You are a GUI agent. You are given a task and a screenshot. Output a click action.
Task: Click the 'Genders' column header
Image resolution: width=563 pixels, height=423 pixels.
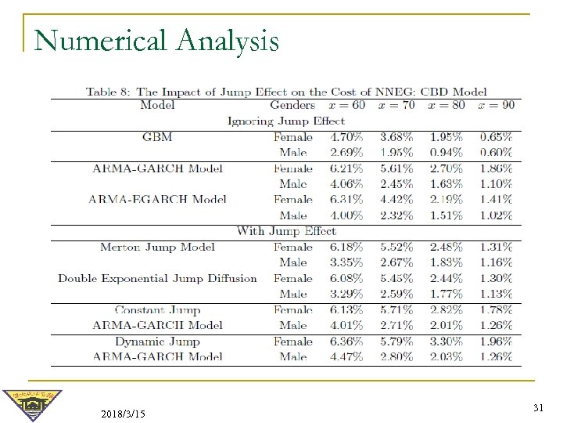click(292, 105)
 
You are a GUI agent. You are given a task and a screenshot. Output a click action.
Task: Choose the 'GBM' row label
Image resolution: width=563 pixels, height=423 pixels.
click(157, 137)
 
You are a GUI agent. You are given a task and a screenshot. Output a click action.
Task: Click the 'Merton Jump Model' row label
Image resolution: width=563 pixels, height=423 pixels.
click(157, 247)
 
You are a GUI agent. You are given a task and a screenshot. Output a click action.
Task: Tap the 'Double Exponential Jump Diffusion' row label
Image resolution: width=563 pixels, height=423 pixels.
click(157, 278)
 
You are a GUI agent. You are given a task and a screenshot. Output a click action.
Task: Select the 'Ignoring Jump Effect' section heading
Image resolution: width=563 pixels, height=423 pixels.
click(285, 121)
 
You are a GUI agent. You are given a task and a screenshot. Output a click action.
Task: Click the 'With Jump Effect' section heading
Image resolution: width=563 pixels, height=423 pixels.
click(285, 231)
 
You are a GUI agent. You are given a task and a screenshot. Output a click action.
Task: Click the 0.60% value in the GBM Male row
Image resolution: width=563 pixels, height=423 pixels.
click(496, 153)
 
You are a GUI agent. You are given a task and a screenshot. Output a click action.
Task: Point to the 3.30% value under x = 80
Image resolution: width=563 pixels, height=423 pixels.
click(446, 342)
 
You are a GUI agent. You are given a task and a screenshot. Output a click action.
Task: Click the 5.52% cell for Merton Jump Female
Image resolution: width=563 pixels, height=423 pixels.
click(396, 247)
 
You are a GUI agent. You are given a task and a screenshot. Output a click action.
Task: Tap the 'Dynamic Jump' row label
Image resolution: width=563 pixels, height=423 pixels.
click(157, 342)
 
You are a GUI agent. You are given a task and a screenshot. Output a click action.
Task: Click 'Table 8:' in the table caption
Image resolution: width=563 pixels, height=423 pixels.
click(109, 91)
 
